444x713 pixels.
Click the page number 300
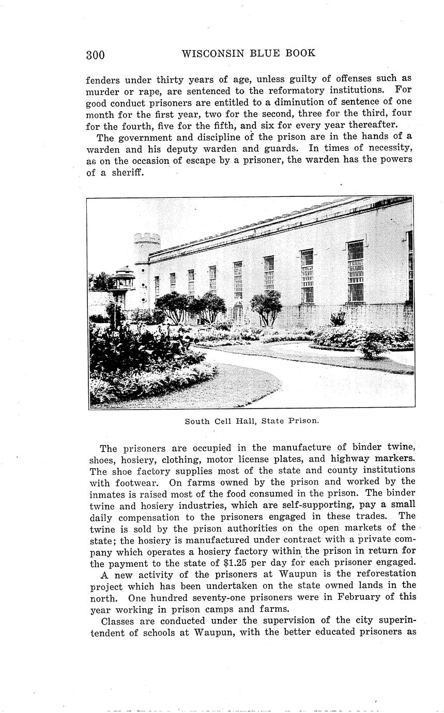tap(95, 55)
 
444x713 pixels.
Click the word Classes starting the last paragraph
tap(117, 621)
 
